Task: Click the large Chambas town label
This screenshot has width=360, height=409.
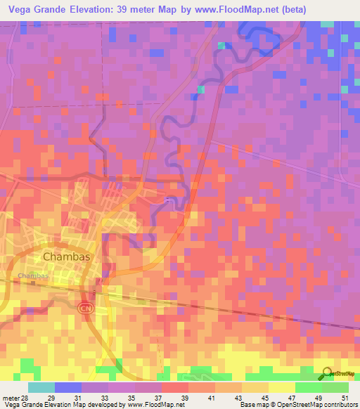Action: [67, 257]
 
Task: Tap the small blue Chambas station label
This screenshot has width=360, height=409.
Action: [33, 275]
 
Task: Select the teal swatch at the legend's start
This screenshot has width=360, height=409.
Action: [41, 387]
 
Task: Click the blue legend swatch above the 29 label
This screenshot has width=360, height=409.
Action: [67, 387]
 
